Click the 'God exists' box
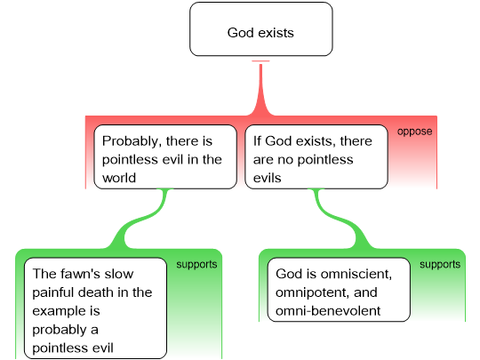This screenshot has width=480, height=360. coord(261,29)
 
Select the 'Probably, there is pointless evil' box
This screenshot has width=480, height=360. coord(165,156)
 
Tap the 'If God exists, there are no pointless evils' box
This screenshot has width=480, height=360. coord(316,156)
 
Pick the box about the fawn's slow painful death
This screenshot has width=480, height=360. coord(95,308)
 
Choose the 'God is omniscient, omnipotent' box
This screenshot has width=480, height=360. coord(339,290)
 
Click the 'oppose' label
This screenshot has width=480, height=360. coord(415,132)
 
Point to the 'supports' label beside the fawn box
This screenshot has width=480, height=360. coord(196,264)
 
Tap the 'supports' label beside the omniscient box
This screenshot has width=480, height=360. coord(440,264)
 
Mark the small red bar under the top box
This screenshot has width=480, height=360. coord(260,61)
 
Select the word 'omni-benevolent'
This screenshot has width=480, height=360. coord(328,311)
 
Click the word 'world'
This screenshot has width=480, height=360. coord(119,178)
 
